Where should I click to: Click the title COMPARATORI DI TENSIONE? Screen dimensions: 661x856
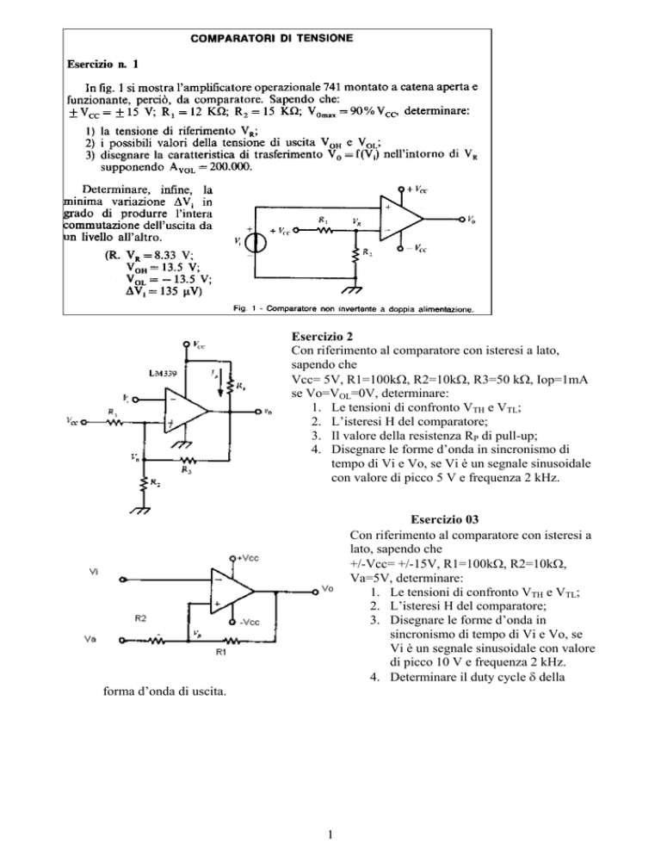pos(271,38)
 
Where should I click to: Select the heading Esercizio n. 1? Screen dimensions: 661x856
pos(102,65)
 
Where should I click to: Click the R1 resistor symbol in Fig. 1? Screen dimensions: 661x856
pos(325,230)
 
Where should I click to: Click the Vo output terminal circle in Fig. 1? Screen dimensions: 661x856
pos(462,219)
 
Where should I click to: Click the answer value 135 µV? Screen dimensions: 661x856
pos(176,292)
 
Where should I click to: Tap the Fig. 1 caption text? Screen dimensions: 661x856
pos(354,309)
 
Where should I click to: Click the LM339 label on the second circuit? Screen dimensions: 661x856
pos(163,374)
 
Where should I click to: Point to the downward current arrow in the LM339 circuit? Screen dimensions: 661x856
pos(219,385)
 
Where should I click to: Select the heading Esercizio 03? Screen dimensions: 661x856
pos(445,519)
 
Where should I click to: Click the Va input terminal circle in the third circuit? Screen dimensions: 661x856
pos(122,641)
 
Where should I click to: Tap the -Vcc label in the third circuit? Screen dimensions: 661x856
pos(250,623)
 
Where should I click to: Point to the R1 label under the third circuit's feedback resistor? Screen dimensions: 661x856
pos(221,652)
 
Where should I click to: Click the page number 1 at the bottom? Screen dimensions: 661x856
pos(330,834)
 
